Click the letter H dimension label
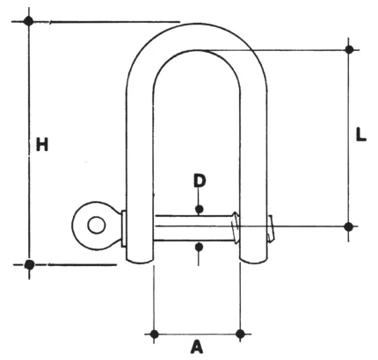(x=42, y=144)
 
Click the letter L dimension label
(x=361, y=134)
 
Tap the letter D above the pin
(x=200, y=181)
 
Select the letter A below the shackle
(x=197, y=347)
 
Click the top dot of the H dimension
(x=29, y=21)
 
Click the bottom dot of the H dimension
(x=29, y=264)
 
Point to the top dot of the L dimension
(x=349, y=49)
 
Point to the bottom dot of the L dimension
(x=348, y=227)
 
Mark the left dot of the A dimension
(x=154, y=334)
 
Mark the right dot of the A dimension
(x=240, y=334)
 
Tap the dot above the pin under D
(x=200, y=209)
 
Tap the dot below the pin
(x=199, y=248)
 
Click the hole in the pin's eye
(x=97, y=226)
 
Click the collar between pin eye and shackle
(x=124, y=228)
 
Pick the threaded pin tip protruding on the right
(x=272, y=228)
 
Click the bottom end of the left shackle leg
(x=140, y=261)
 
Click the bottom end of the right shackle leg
(x=254, y=261)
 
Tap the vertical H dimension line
(x=29, y=143)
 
